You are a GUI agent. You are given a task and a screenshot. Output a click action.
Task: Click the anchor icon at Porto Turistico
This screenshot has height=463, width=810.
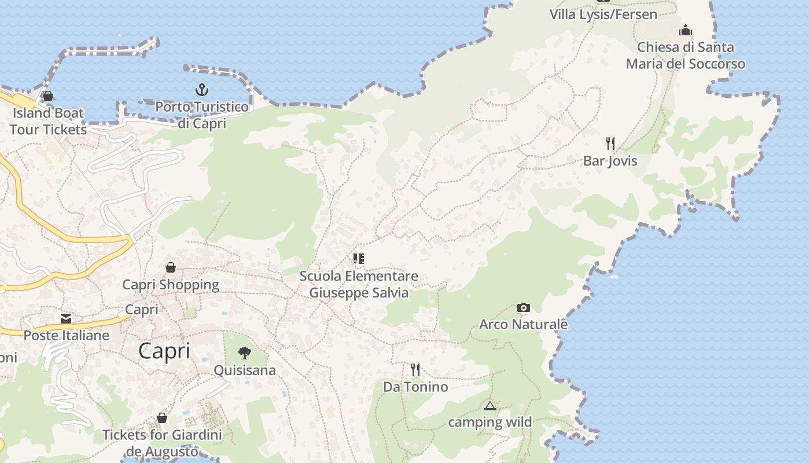(x=201, y=90)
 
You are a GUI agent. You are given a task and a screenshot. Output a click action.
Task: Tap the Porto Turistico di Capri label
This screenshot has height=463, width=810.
(x=202, y=115)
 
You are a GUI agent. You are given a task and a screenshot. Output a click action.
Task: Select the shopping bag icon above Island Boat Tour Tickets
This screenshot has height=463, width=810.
(x=48, y=96)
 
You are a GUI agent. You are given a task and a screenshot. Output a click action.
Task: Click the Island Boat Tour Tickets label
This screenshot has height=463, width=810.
(x=48, y=121)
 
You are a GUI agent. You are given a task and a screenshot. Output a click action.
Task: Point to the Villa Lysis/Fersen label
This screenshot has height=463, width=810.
(x=603, y=14)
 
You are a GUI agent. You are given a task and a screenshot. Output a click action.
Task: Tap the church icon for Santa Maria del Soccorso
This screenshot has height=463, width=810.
(x=686, y=30)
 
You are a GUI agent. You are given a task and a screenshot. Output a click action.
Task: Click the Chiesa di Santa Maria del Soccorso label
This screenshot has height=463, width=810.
(x=686, y=56)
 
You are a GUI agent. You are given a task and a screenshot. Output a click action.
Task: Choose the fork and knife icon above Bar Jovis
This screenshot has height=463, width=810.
(x=610, y=143)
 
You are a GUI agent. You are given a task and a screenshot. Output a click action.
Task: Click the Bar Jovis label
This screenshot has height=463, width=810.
(x=610, y=161)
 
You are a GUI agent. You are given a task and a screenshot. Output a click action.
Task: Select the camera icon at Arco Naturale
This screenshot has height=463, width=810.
(x=523, y=307)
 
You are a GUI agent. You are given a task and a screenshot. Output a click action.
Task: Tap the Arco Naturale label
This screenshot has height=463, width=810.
(x=523, y=325)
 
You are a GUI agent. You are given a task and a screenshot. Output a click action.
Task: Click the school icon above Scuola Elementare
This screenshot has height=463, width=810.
(x=359, y=259)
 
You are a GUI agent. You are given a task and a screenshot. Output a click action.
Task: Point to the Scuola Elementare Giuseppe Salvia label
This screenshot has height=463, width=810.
(x=359, y=284)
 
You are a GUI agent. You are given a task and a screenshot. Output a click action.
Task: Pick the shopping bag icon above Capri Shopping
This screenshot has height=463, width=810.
(x=171, y=267)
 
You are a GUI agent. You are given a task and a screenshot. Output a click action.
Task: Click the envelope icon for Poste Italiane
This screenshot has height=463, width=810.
(x=66, y=318)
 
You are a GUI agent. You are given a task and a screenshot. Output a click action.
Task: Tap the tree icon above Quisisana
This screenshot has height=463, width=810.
(x=245, y=352)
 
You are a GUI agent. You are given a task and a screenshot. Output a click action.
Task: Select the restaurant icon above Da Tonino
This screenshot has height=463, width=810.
(x=415, y=369)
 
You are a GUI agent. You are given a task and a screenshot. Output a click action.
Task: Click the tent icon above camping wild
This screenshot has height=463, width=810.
(x=490, y=406)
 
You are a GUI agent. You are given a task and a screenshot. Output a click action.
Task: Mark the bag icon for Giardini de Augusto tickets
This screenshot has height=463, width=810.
(x=162, y=418)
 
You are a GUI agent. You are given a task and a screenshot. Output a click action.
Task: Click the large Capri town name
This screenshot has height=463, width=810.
(x=164, y=351)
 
